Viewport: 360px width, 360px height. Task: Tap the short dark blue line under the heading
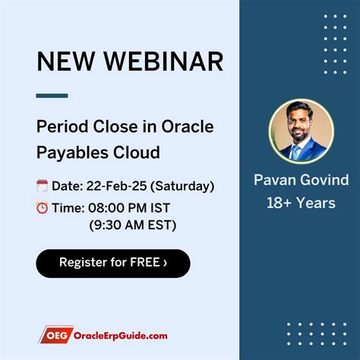pyautogui.click(x=52, y=96)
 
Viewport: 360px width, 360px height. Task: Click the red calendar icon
pyautogui.click(x=43, y=185)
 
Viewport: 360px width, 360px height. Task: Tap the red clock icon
pyautogui.click(x=43, y=207)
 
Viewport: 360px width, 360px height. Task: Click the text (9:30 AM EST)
pyautogui.click(x=132, y=226)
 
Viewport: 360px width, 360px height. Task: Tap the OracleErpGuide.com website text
pyautogui.click(x=120, y=335)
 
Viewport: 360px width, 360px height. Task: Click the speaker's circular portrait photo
pyautogui.click(x=301, y=130)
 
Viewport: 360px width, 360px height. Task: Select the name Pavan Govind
pyautogui.click(x=301, y=181)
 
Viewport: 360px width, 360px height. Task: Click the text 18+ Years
pyautogui.click(x=301, y=203)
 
